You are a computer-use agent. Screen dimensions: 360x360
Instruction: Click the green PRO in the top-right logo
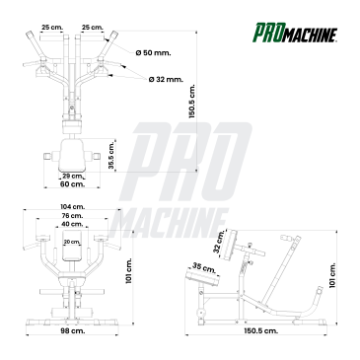266,33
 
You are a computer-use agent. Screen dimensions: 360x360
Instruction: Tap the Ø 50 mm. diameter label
153,52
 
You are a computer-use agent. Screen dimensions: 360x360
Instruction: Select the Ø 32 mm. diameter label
166,79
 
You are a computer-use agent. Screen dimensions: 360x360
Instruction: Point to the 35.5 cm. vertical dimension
111,155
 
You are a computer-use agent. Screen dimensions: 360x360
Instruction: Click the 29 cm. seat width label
73,176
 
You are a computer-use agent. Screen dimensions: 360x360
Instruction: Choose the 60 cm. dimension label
72,184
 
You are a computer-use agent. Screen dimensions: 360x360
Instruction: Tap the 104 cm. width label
72,207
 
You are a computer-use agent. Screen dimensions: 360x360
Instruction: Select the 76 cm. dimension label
72,216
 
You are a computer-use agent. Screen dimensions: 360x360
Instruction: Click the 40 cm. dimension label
72,224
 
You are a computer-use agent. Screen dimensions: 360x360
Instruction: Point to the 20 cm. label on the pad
72,242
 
